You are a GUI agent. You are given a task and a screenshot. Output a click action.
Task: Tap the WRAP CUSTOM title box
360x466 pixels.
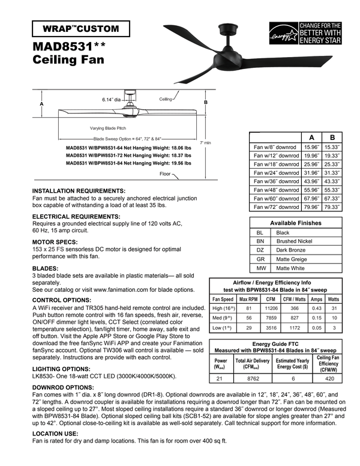(80, 28)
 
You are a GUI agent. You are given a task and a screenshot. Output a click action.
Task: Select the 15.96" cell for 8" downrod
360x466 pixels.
(311, 146)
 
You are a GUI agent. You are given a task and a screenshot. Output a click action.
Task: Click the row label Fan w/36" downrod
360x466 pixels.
(275, 181)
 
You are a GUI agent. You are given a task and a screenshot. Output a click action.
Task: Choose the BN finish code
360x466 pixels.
(260, 241)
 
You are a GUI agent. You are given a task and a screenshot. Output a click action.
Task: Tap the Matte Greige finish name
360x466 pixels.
(290, 259)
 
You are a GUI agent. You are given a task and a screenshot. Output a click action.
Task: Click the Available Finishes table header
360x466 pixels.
(295, 223)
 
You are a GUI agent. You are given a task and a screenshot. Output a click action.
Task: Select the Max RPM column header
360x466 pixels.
(248, 299)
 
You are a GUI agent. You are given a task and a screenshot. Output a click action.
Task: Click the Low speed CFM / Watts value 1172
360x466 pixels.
(295, 328)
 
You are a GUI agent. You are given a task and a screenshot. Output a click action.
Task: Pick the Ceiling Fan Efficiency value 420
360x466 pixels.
(329, 379)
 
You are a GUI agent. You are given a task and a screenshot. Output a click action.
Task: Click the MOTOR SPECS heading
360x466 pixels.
(56, 242)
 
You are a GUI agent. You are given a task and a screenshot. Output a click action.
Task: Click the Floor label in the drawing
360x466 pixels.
(165, 174)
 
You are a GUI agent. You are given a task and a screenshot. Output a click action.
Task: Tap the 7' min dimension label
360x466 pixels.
(205, 142)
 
